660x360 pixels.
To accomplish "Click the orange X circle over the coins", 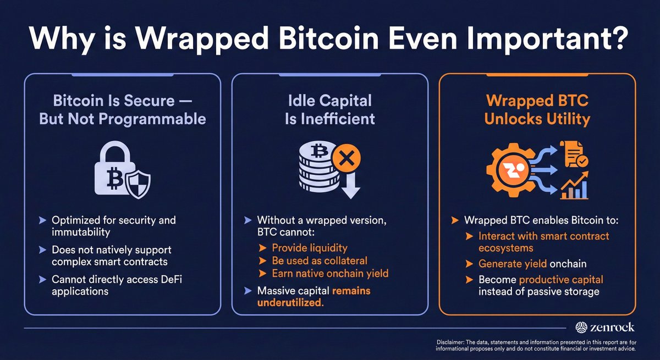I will (347, 159).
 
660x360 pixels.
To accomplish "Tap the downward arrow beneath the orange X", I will (349, 187).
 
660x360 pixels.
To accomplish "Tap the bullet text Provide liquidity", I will (310, 248).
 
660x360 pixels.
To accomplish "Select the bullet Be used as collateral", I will (320, 261).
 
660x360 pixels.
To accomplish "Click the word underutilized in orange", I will (289, 302).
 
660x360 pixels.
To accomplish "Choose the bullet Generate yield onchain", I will (532, 264).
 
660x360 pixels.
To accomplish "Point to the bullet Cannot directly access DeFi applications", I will (117, 285).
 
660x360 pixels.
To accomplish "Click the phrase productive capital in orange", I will (561, 280).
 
